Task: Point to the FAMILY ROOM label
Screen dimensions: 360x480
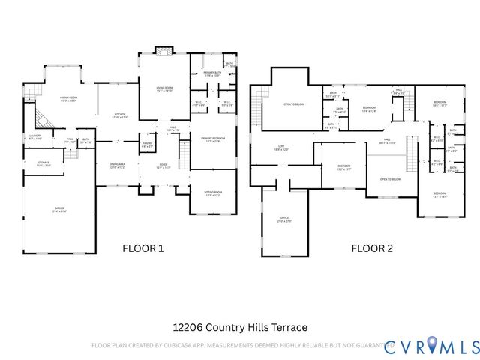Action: [x=69, y=98]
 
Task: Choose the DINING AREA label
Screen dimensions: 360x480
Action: [x=117, y=165]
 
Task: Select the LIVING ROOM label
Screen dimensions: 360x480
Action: [x=164, y=89]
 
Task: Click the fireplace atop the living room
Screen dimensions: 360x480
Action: [x=163, y=51]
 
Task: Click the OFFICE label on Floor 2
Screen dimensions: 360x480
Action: [x=285, y=220]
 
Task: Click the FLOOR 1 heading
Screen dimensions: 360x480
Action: [x=142, y=248]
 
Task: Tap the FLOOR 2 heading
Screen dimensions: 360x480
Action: [x=373, y=248]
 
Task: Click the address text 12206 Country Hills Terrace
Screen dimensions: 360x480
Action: [x=240, y=327]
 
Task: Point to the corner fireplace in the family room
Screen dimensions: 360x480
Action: [x=44, y=118]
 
